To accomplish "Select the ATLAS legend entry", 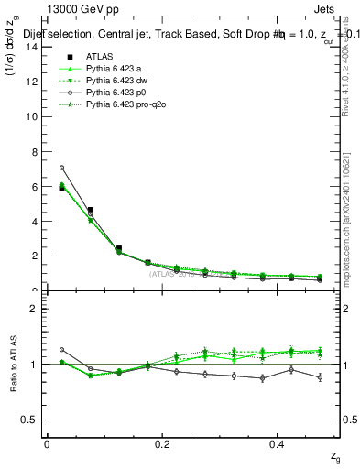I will click(96, 57).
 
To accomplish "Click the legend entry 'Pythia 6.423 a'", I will click(110, 69).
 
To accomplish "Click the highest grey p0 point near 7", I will click(61, 168).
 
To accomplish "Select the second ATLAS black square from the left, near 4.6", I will click(90, 210).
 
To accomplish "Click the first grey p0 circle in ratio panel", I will click(61, 349).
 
